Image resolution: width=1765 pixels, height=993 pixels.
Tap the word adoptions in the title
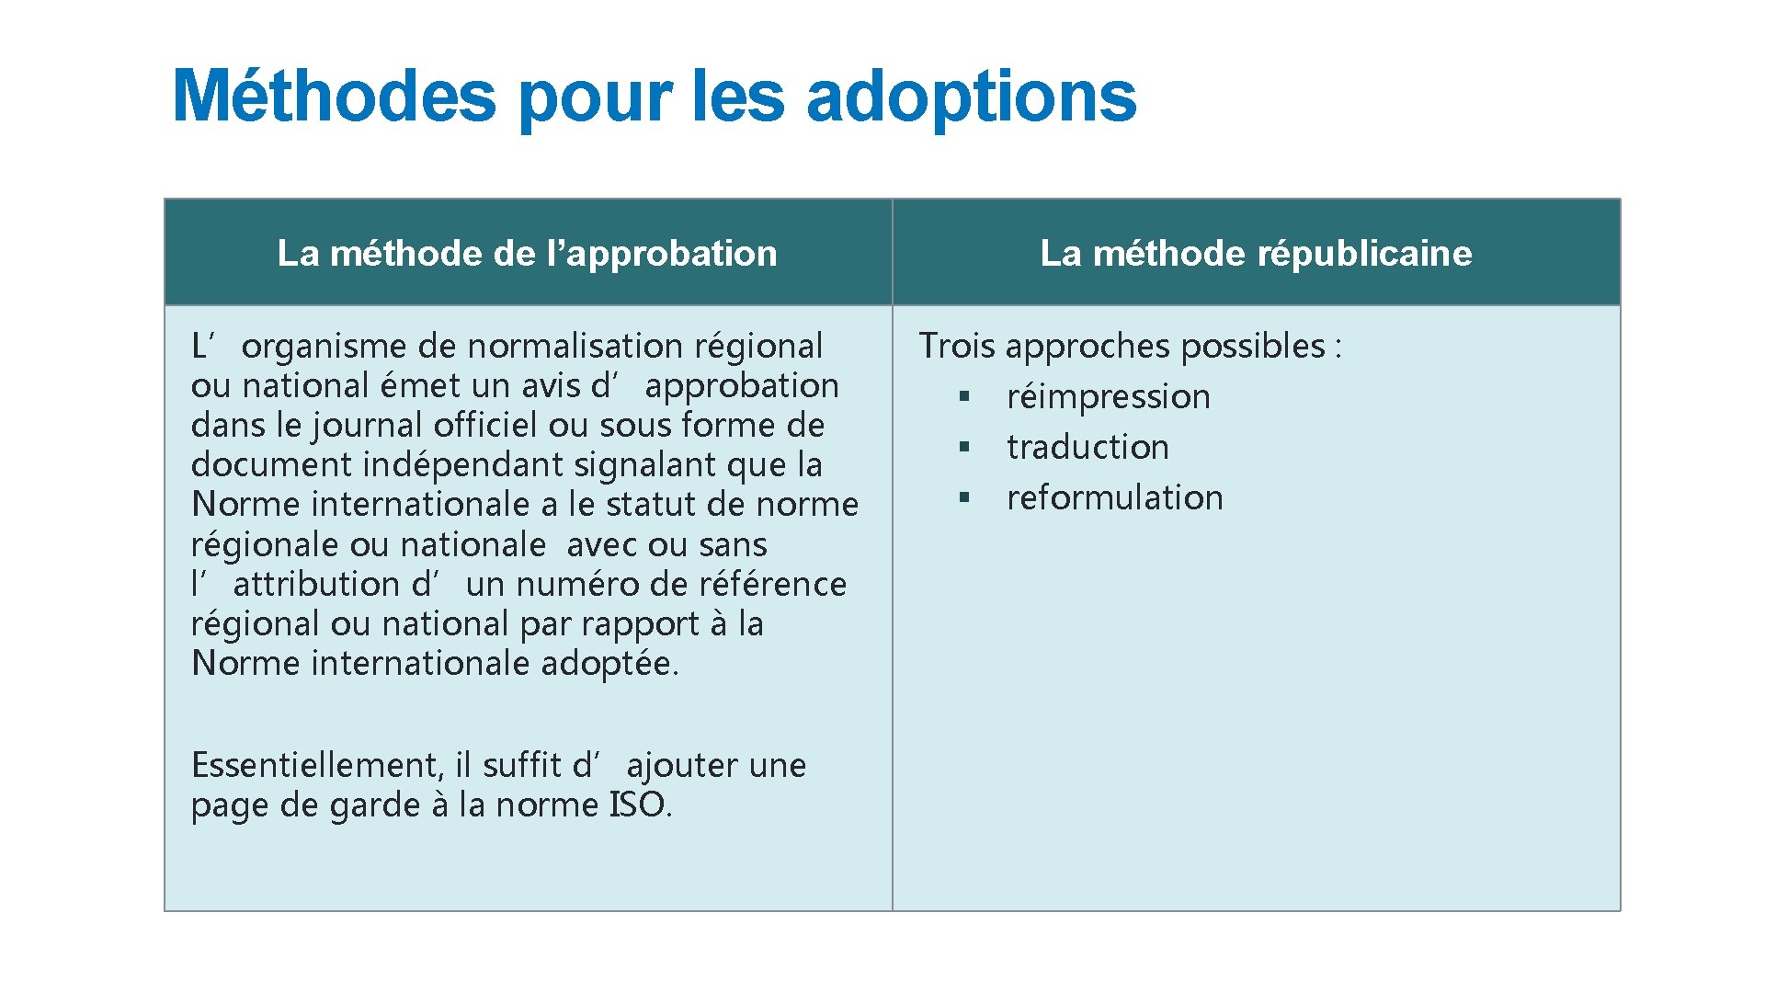(971, 97)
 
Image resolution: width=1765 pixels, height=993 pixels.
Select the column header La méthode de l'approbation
(527, 253)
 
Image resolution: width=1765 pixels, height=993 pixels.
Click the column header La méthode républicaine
(1256, 253)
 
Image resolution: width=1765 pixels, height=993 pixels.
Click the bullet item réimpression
(1108, 397)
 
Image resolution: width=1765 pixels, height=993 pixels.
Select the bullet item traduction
(1087, 448)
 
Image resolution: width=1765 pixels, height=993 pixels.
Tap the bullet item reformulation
(1114, 498)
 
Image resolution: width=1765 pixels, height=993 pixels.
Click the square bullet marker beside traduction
(964, 447)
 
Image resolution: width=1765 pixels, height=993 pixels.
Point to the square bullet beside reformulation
(964, 497)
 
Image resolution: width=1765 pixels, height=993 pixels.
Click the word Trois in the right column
(957, 347)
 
